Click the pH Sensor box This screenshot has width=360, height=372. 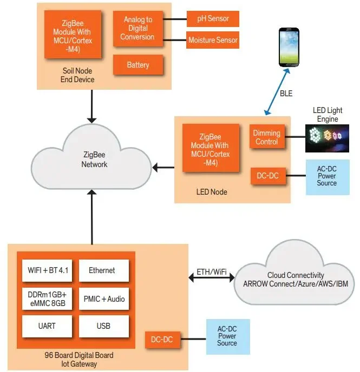(212, 19)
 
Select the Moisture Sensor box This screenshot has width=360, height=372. (212, 40)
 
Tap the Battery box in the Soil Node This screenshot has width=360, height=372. (138, 65)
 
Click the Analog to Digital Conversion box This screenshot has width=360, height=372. (138, 28)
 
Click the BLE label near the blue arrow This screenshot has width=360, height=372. (286, 94)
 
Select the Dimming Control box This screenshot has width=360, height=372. (266, 137)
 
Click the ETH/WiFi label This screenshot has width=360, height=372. (211, 271)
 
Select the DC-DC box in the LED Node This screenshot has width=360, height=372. (266, 176)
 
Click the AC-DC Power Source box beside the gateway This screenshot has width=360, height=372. (227, 336)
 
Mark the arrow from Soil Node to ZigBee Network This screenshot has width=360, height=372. (92, 106)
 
